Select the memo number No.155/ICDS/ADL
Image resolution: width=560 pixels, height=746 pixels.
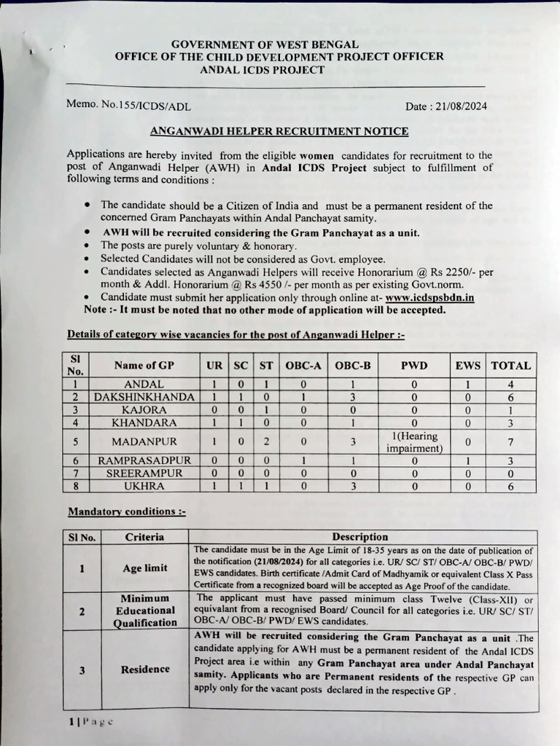pos(145,106)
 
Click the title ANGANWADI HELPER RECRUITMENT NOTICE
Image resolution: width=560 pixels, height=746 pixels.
pos(279,131)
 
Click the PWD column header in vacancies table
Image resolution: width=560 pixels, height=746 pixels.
pos(413,366)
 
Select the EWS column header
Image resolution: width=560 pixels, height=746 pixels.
pos(467,366)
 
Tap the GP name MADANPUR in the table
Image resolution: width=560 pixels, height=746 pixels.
pos(143,441)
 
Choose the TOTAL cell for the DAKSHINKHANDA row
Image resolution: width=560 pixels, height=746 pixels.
pos(510,397)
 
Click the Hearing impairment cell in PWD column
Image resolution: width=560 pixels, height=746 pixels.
pos(413,441)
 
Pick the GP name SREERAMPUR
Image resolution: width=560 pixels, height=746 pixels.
pos(143,473)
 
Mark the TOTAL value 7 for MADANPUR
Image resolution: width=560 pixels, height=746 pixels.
pos(510,441)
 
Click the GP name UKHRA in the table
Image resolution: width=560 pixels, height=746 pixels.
pos(143,486)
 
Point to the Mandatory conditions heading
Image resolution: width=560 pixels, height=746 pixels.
pos(126,512)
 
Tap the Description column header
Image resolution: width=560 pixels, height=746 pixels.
pos(360,537)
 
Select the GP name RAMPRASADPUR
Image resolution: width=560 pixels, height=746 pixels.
pos(143,460)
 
